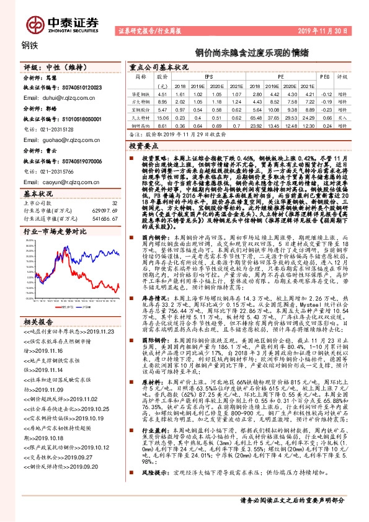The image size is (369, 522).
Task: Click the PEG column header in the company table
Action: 324,77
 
